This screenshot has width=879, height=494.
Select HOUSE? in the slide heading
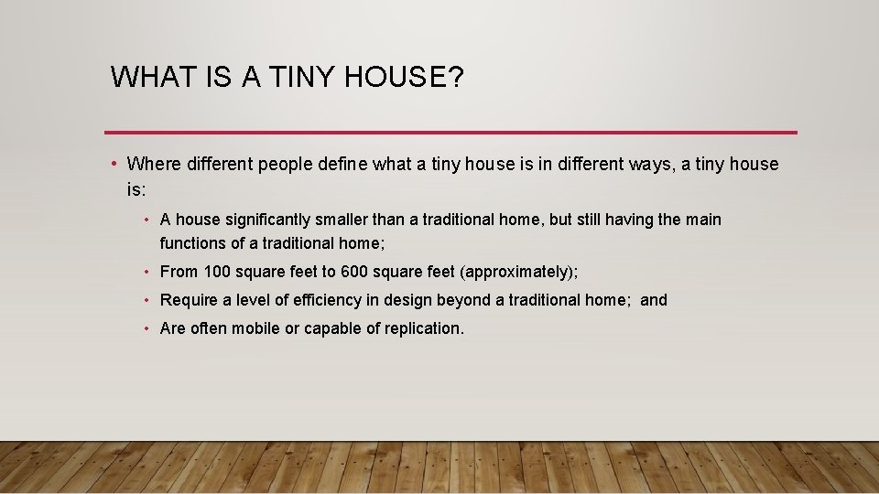(x=406, y=78)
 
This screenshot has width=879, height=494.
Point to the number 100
(x=217, y=272)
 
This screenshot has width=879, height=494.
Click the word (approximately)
(x=518, y=272)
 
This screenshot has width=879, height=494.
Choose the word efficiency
(x=323, y=300)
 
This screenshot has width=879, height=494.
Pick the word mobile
(x=256, y=328)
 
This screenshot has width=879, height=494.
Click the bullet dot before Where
(x=112, y=165)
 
